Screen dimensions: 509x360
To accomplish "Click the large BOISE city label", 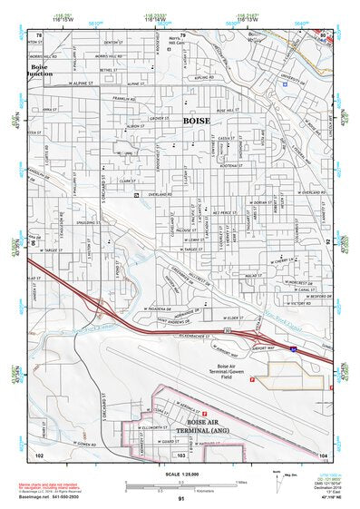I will pos(197,120).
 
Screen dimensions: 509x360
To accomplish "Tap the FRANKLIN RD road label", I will pos(124,98).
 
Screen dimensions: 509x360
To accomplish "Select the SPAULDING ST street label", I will pos(88,221).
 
